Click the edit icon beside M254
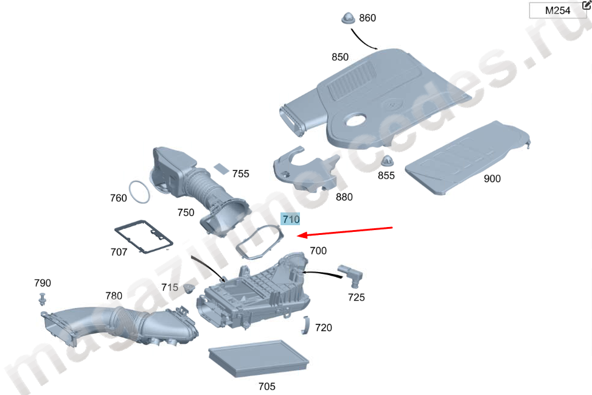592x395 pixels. pyautogui.click(x=586, y=5)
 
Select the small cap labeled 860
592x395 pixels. pyautogui.click(x=348, y=18)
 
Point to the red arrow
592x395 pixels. pyautogui.click(x=347, y=232)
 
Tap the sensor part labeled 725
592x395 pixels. pyautogui.click(x=351, y=274)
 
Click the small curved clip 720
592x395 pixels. pyautogui.click(x=307, y=326)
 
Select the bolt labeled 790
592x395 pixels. pyautogui.click(x=42, y=298)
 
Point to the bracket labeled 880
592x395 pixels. pyautogui.click(x=305, y=169)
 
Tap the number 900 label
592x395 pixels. pyautogui.click(x=492, y=179)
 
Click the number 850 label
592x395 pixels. pyautogui.click(x=340, y=57)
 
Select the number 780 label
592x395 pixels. pyautogui.click(x=114, y=296)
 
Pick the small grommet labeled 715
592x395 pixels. pyautogui.click(x=189, y=287)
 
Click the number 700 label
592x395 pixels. pyautogui.click(x=318, y=251)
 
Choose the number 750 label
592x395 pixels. pyautogui.click(x=186, y=212)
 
